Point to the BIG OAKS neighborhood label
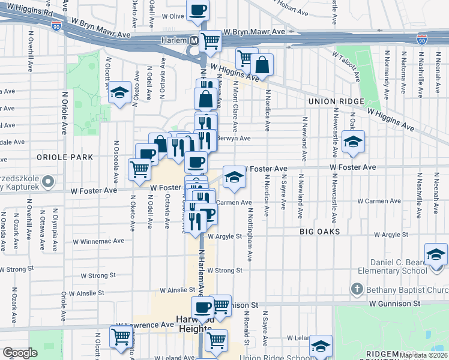[320, 231]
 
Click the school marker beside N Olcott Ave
[120, 93]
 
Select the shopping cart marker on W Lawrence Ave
[121, 336]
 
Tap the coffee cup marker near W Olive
[197, 10]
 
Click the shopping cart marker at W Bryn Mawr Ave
[210, 41]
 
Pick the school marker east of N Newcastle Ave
[353, 142]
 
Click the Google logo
[20, 353]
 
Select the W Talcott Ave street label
[347, 64]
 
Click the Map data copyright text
[423, 355]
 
